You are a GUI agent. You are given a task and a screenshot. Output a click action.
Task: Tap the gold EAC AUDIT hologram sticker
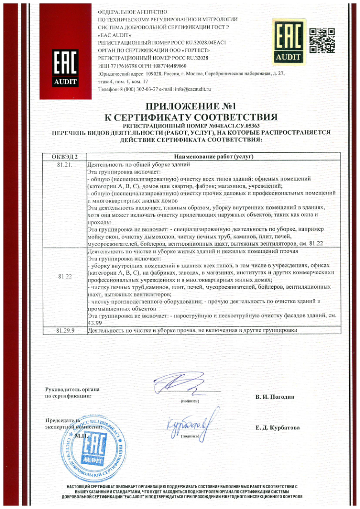[x=287, y=41]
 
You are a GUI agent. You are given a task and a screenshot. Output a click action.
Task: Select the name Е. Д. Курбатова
[x=277, y=427]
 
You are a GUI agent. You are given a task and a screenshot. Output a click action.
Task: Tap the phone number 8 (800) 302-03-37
[x=132, y=89]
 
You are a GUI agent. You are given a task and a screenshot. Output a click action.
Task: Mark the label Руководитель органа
[x=73, y=389]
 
